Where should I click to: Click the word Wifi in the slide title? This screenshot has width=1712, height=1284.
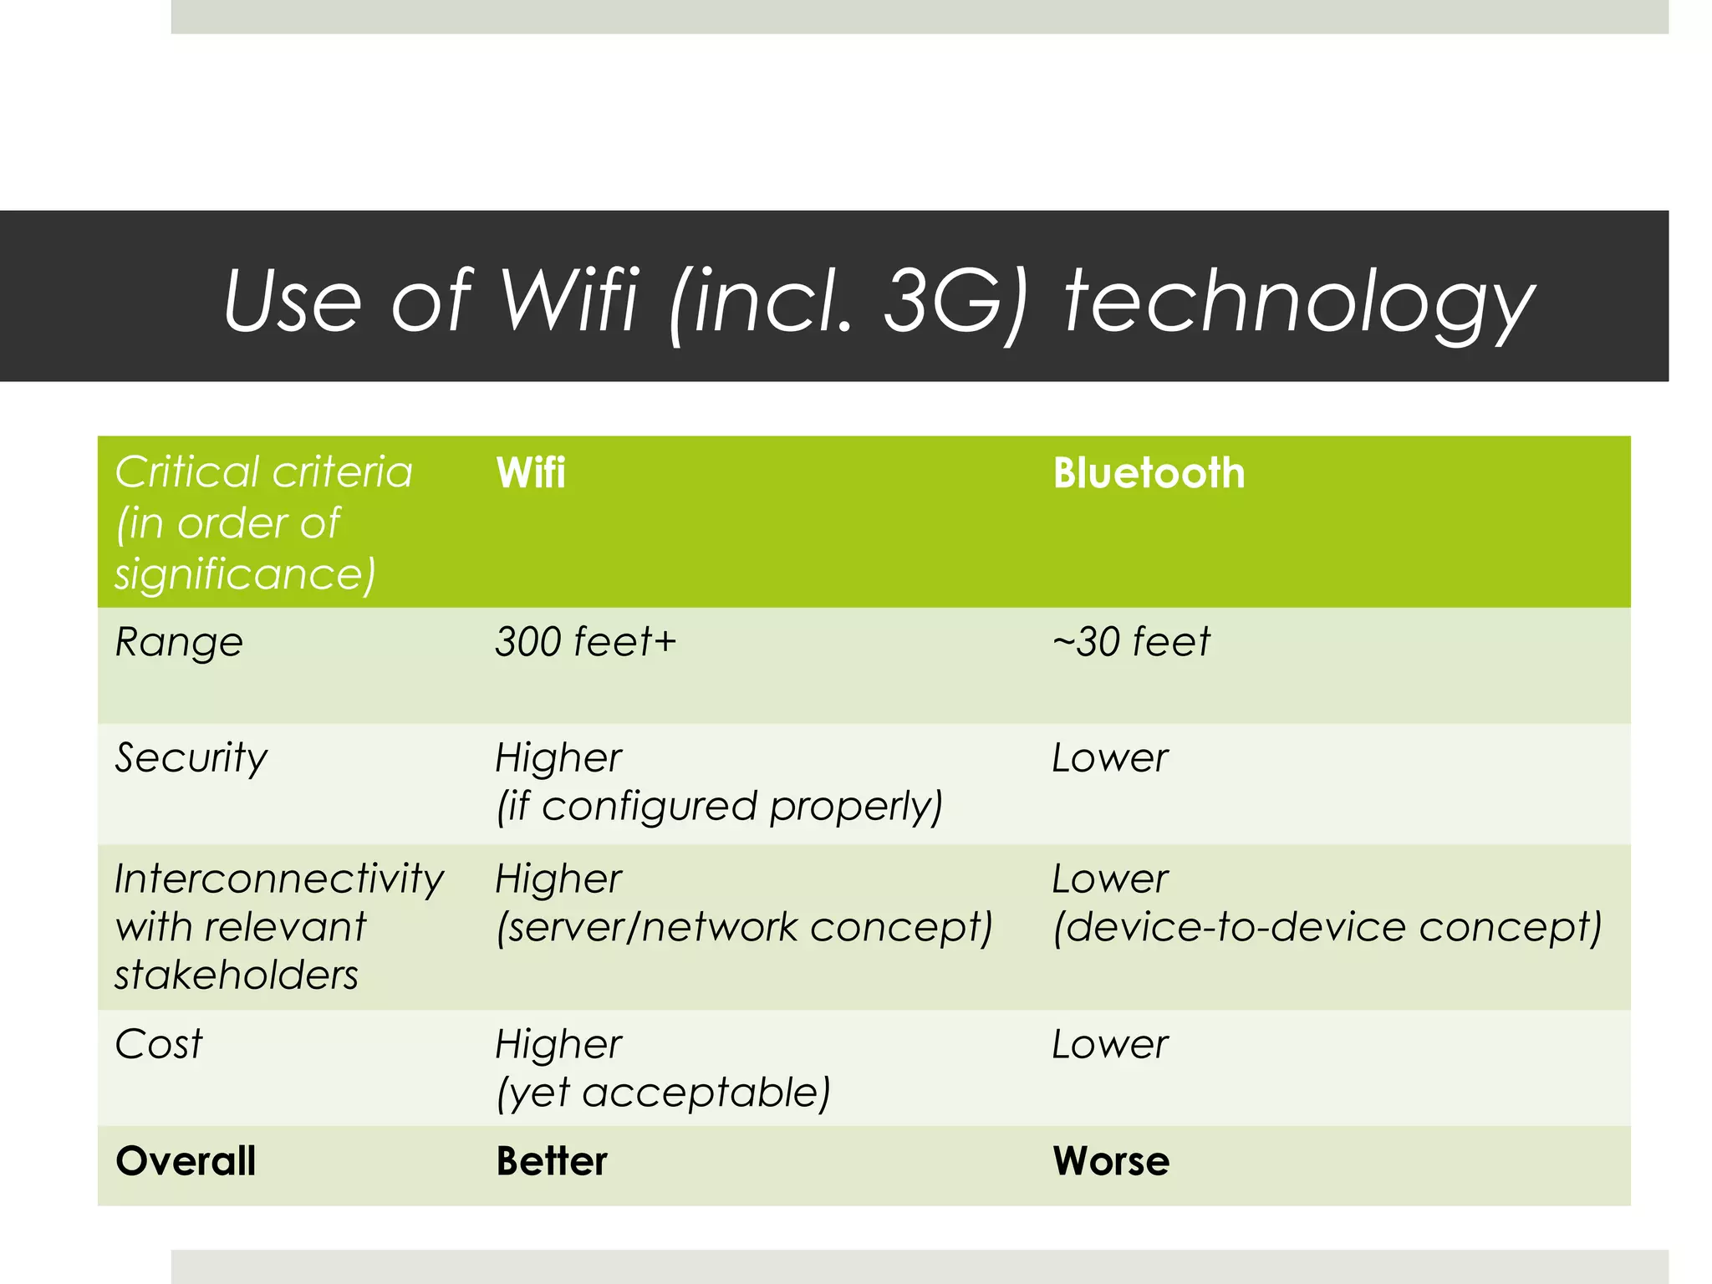tap(569, 299)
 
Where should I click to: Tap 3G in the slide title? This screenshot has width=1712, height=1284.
tap(943, 299)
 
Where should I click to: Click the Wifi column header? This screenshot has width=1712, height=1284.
tap(530, 473)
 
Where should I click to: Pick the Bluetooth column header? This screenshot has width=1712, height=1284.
tap(1148, 473)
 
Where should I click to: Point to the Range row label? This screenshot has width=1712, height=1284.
tap(179, 643)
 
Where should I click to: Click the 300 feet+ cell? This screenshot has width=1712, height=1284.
tap(584, 642)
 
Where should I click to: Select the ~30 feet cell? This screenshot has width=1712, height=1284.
tap(1130, 642)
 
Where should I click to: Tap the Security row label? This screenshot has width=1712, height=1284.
tap(191, 758)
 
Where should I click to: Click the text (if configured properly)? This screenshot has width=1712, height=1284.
tap(719, 807)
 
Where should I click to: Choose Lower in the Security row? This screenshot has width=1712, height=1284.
tap(1109, 758)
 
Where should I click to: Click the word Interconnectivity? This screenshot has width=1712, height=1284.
tap(279, 879)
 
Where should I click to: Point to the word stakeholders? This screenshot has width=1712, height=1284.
tap(237, 976)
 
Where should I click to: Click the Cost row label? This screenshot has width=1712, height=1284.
tap(159, 1044)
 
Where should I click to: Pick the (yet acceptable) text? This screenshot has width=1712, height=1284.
tap(663, 1093)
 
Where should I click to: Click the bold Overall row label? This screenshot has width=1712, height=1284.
tap(186, 1161)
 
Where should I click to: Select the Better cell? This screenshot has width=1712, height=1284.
tap(551, 1161)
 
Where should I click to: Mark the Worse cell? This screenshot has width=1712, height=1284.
tap(1110, 1161)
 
